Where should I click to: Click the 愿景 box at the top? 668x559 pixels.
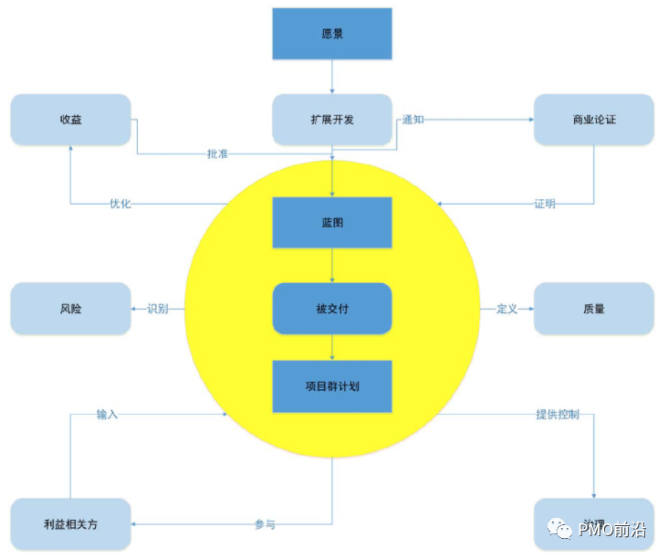click(332, 34)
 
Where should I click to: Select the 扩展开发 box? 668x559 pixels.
click(332, 120)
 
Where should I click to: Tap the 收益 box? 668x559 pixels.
click(70, 120)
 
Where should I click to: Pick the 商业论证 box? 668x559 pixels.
click(593, 120)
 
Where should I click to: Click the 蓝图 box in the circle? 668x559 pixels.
click(332, 222)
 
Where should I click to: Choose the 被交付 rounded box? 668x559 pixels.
click(332, 309)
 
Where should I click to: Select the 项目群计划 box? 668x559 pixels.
click(332, 385)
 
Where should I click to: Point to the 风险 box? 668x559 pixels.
click(70, 309)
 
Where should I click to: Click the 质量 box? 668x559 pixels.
click(593, 309)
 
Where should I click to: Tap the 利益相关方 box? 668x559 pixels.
click(70, 524)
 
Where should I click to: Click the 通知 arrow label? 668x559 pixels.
click(413, 120)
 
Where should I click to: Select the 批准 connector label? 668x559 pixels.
click(217, 153)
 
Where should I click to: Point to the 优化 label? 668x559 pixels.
click(120, 204)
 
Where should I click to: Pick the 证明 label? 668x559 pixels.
click(545, 204)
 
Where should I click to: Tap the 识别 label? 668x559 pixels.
click(158, 309)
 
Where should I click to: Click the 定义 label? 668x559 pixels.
click(507, 309)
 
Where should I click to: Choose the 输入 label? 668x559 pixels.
click(108, 414)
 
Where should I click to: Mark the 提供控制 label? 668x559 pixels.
click(557, 414)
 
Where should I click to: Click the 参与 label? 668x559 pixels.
click(265, 524)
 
